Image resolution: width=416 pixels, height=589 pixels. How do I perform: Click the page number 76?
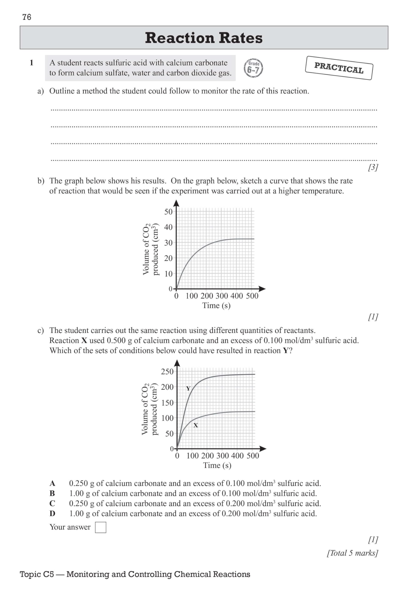point(27,17)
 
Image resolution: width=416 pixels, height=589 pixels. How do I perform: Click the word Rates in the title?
point(240,38)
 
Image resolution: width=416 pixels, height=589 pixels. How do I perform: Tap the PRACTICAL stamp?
point(339,68)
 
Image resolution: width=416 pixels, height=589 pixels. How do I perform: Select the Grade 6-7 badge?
point(253,68)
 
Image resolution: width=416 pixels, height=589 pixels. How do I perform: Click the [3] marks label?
point(373,167)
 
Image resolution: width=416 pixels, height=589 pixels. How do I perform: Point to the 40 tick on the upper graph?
point(168,227)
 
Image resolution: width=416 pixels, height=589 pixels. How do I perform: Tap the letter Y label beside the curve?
point(188,388)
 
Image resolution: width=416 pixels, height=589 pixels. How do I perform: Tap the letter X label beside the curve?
point(196,425)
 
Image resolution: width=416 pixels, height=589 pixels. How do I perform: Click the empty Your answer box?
point(100,527)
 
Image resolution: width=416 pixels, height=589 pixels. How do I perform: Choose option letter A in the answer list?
point(52,484)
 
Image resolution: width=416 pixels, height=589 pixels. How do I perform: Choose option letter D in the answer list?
point(52,514)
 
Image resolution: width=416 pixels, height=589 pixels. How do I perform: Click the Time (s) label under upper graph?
point(216,306)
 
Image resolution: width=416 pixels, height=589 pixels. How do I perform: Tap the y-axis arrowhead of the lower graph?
point(177,363)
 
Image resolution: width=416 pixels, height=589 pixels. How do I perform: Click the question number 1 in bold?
point(31,63)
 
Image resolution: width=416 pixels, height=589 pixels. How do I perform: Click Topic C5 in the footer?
point(37,574)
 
